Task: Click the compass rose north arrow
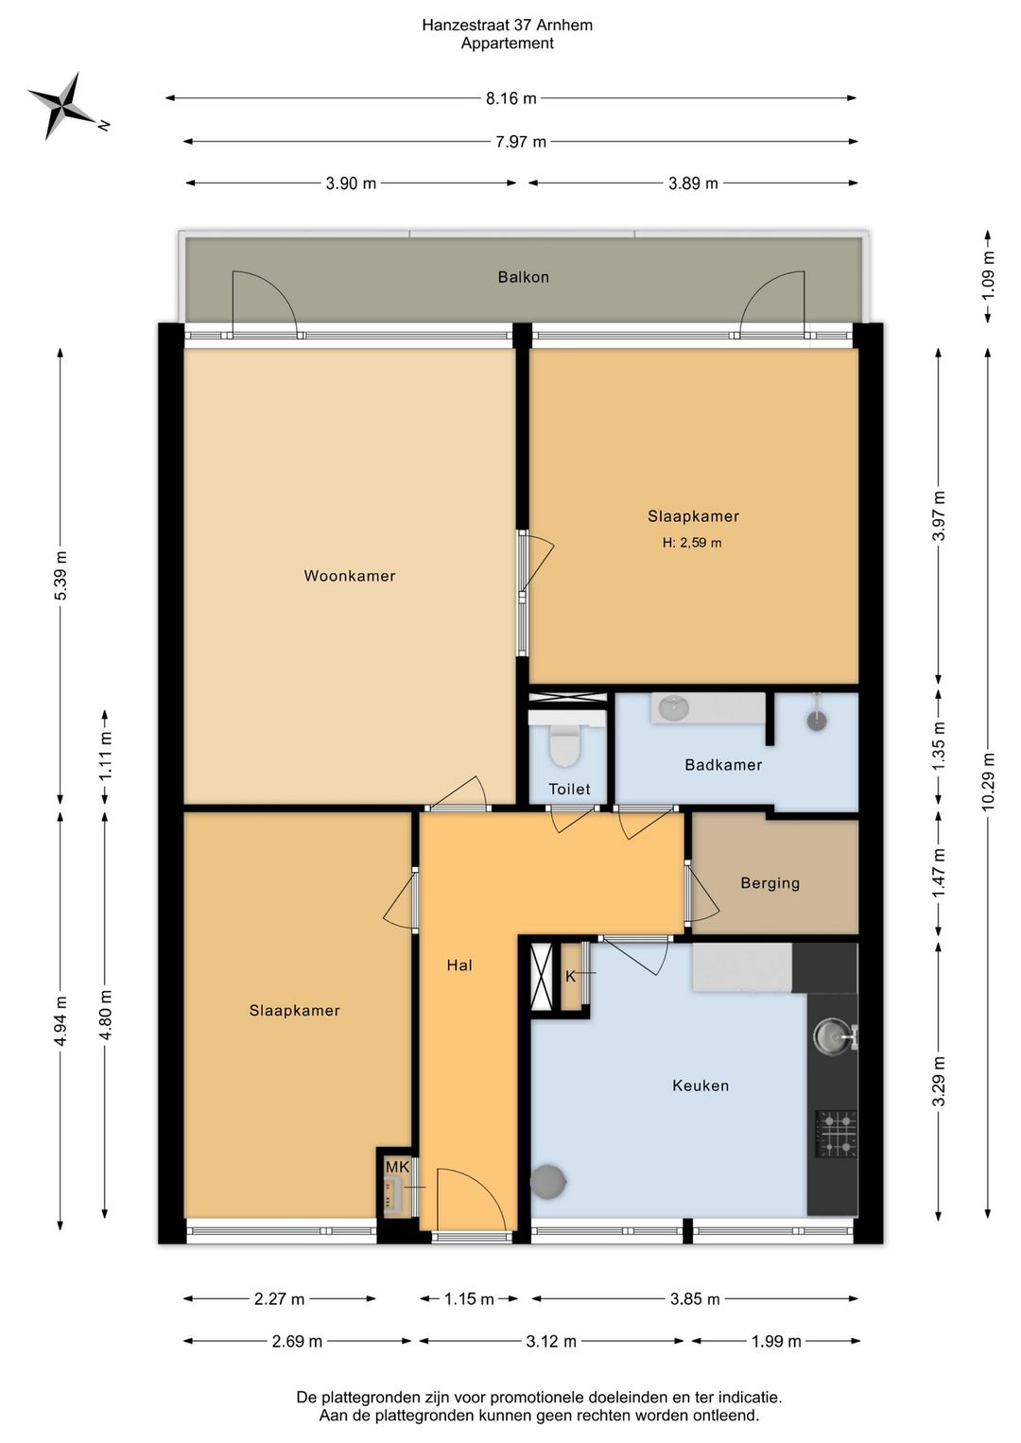(63, 105)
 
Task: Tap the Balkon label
(523, 277)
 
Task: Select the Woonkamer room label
(349, 575)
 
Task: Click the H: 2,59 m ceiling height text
(692, 543)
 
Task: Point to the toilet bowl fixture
(565, 746)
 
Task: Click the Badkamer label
(723, 765)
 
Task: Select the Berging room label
(770, 882)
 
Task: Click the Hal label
(459, 965)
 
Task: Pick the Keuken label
(701, 1086)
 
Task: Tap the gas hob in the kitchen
(836, 1133)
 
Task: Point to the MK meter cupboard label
(397, 1167)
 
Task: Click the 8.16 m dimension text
(510, 98)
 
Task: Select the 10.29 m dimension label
(989, 781)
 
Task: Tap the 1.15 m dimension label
(468, 1299)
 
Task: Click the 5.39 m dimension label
(61, 575)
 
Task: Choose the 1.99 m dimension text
(776, 1341)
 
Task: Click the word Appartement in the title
(508, 43)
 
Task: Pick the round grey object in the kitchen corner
(548, 1182)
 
